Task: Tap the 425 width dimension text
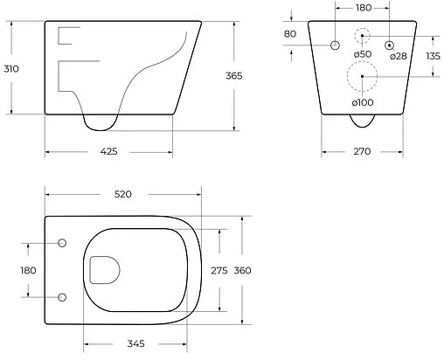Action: (x=108, y=151)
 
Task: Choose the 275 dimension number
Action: (x=219, y=270)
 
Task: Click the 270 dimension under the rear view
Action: (x=362, y=151)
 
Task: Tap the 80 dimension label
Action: (x=291, y=34)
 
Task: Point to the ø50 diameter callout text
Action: (x=339, y=56)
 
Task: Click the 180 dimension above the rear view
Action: (x=362, y=8)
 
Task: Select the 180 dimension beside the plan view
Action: (x=28, y=270)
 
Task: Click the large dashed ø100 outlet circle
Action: (x=361, y=77)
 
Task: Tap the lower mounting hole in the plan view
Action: (x=61, y=297)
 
